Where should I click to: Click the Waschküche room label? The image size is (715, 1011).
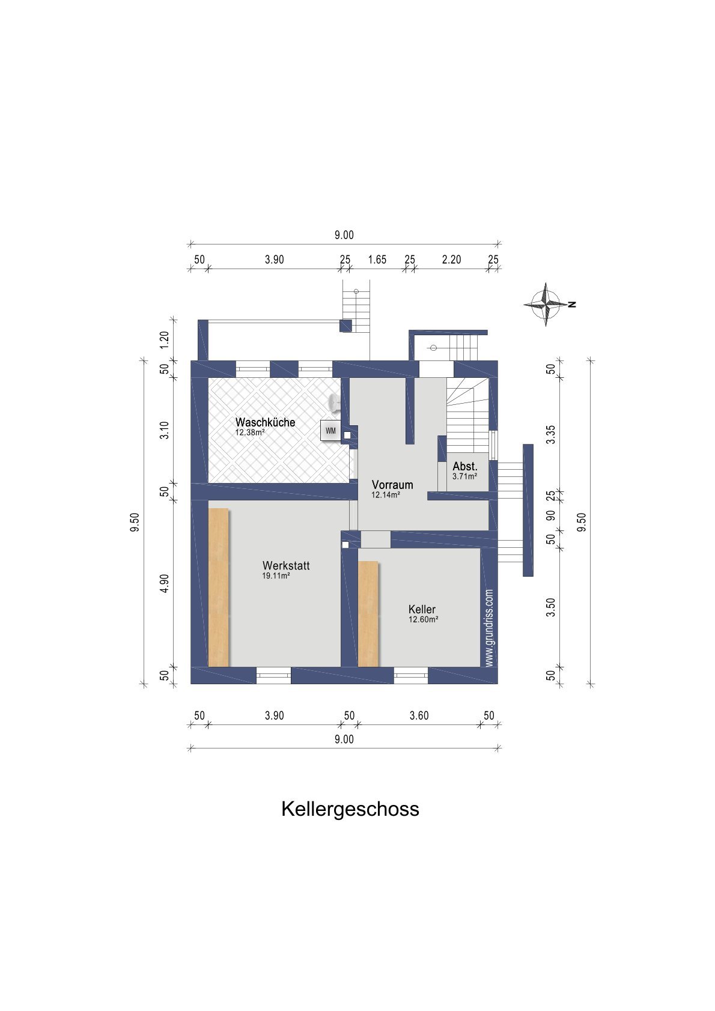265,422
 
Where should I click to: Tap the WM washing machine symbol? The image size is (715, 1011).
330,431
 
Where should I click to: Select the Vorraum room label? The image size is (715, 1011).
392,485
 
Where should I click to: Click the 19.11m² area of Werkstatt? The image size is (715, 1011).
276,575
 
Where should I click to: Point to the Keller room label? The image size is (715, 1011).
422,609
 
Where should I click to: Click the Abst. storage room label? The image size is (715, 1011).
465,466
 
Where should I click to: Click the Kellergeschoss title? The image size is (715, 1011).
350,809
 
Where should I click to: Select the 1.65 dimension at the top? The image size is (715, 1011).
377,260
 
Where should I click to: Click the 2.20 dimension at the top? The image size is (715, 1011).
451,260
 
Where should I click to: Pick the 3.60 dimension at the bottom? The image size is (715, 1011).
419,715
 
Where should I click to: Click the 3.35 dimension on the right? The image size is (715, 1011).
550,434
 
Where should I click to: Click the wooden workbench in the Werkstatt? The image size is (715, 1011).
218,587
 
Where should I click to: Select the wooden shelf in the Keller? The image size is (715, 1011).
368,613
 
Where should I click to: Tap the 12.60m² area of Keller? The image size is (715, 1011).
423,619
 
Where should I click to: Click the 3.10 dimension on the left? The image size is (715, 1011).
164,430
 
